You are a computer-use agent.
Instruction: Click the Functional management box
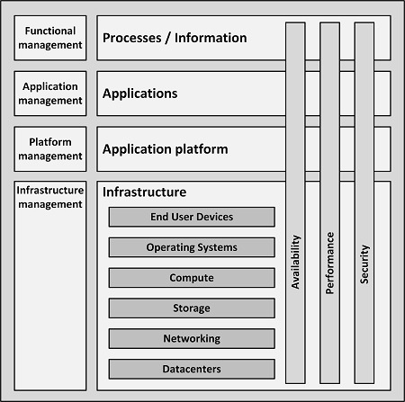coord(50,38)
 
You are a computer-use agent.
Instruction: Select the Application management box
coord(50,94)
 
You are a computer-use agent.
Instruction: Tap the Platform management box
coord(50,149)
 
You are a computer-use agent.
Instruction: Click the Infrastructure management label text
coord(50,197)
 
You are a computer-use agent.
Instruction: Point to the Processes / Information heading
coord(175,38)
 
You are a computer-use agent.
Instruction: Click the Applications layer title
coord(139,94)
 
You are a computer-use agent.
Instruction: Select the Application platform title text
coord(165,149)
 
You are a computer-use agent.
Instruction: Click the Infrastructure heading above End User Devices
coord(144,192)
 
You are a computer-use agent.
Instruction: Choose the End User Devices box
coord(192,217)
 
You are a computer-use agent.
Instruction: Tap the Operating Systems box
coord(192,247)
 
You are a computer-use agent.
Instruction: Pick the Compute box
coord(192,278)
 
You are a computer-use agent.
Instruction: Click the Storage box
coord(192,308)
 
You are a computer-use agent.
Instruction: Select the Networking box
coord(192,338)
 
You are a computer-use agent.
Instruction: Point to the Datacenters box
coord(192,369)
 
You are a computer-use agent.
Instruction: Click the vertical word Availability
coord(296,262)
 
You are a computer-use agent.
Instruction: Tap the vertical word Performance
coord(330,263)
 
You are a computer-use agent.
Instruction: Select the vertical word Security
coord(364,264)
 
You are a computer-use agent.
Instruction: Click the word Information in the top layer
coord(211,38)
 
